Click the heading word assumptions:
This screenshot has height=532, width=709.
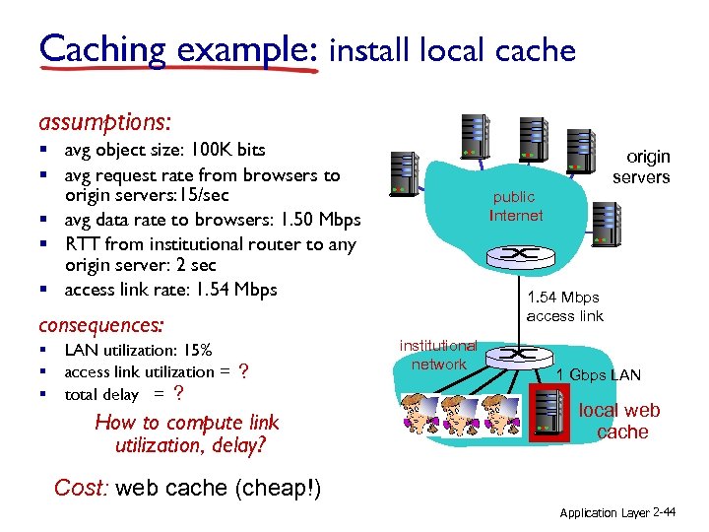point(104,122)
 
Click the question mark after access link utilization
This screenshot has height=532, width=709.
point(243,371)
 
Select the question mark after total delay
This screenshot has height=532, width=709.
point(177,394)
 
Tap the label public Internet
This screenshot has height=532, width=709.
point(516,207)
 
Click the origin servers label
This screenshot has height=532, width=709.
point(642,166)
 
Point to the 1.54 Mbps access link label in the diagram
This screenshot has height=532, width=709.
point(563,306)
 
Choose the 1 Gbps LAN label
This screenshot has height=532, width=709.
point(598,374)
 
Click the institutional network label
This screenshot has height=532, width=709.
point(439,355)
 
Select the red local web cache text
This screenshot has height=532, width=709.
point(620,421)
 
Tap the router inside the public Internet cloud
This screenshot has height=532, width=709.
point(513,255)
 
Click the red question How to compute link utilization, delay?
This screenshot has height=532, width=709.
point(186,433)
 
